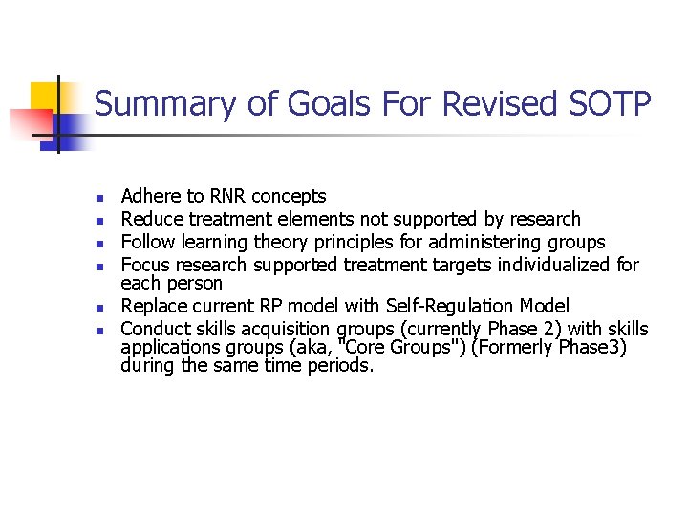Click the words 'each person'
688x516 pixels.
pos(171,284)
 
